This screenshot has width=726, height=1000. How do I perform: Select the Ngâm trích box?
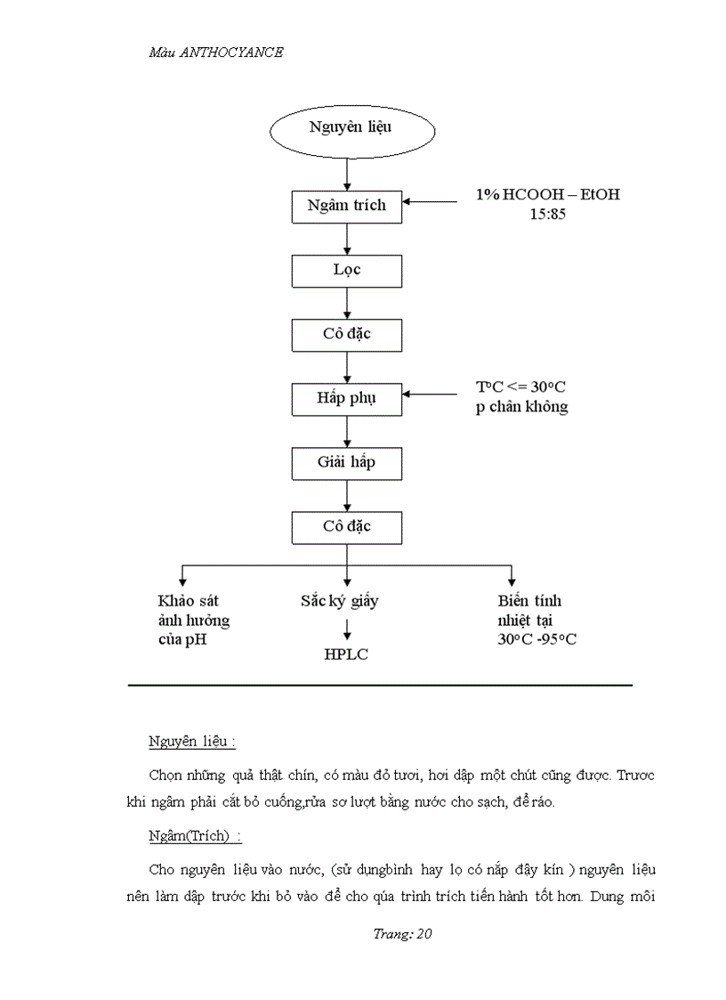[346, 206]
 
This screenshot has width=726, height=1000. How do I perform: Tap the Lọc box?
[346, 270]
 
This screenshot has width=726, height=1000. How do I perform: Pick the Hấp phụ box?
[346, 398]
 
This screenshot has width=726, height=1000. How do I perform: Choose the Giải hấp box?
[346, 463]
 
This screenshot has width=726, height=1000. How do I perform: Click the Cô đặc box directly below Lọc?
[346, 334]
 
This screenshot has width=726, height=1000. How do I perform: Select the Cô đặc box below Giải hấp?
[346, 526]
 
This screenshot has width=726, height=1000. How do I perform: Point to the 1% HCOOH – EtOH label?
[547, 195]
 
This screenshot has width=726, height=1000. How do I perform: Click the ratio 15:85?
[547, 215]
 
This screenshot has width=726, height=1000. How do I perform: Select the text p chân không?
[521, 407]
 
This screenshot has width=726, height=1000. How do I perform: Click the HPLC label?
[346, 655]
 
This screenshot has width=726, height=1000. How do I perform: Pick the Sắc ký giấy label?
[339, 601]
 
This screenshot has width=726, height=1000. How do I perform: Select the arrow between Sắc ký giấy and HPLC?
[346, 629]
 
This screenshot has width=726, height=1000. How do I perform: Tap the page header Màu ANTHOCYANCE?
[215, 53]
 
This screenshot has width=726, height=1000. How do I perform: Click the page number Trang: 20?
[402, 934]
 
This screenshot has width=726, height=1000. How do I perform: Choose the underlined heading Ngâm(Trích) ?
[195, 838]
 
